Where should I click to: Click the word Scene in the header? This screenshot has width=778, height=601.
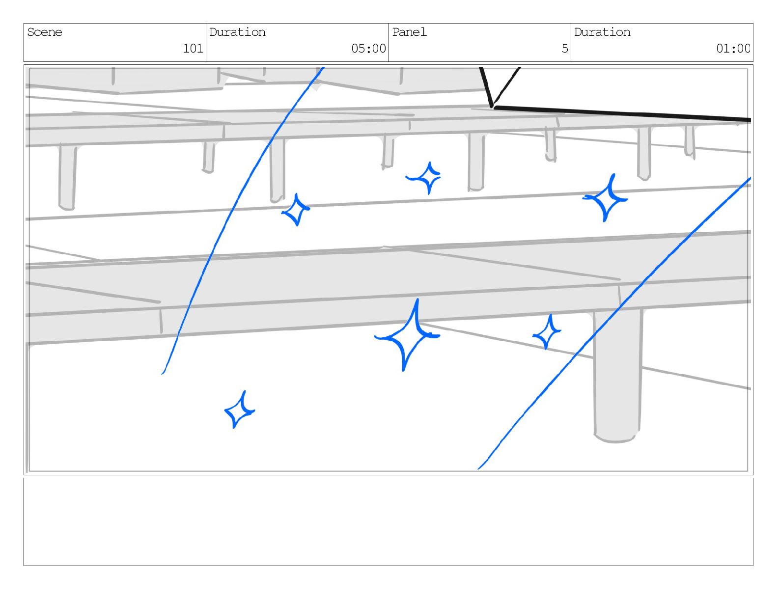coord(45,32)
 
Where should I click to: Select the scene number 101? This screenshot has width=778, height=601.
coord(193,48)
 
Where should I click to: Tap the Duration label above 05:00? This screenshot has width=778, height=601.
coord(237,32)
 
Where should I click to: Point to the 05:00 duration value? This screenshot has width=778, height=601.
coord(368,48)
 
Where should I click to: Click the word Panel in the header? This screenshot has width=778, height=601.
coord(409,32)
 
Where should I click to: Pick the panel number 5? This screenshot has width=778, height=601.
coord(565,48)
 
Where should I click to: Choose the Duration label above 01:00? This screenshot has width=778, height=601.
coord(602,32)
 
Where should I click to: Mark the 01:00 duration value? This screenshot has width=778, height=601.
coord(733,48)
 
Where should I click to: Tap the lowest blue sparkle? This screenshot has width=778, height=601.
coord(239,410)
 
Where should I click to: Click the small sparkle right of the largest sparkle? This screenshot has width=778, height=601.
coord(547,332)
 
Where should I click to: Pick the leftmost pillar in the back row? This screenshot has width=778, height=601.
coord(67,177)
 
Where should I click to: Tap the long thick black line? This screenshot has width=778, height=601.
coord(624,113)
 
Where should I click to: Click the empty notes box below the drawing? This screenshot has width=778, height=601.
coord(388,521)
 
